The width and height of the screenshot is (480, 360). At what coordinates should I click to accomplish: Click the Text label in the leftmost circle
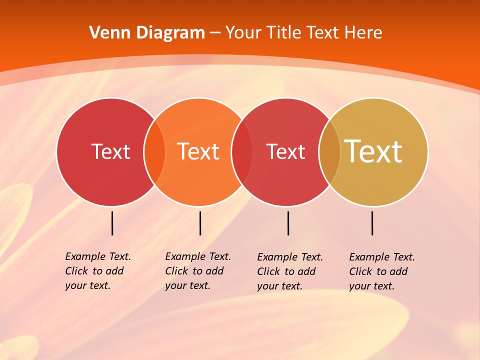pyautogui.click(x=110, y=151)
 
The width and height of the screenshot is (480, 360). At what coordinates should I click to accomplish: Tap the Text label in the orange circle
pyautogui.click(x=198, y=151)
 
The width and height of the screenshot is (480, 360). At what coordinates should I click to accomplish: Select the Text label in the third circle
pyautogui.click(x=285, y=151)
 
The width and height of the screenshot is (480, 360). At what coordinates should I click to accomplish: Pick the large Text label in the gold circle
pyautogui.click(x=373, y=151)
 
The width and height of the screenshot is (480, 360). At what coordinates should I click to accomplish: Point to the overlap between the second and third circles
pyautogui.click(x=242, y=152)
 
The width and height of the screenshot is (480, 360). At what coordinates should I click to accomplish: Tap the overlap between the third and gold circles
pyautogui.click(x=329, y=152)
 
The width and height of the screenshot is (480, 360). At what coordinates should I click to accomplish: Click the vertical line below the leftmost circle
pyautogui.click(x=112, y=223)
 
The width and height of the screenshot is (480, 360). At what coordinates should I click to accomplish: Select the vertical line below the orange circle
pyautogui.click(x=200, y=223)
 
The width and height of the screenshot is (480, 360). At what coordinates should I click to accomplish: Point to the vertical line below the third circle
pyautogui.click(x=288, y=223)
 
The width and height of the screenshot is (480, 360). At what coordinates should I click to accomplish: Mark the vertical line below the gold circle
pyautogui.click(x=372, y=223)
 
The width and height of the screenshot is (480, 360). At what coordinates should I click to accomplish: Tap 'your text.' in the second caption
pyautogui.click(x=188, y=285)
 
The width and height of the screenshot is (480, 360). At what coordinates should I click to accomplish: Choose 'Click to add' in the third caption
pyautogui.click(x=286, y=271)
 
